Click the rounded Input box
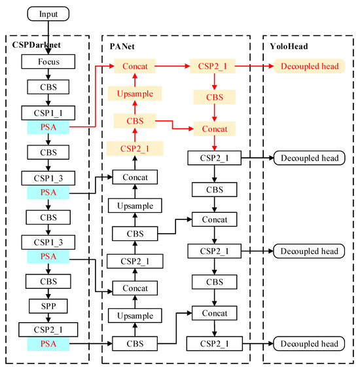tap(48, 14)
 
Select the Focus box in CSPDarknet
tap(48, 63)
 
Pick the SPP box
tap(48, 305)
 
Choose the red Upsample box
tap(134, 94)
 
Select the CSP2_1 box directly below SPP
tap(48, 329)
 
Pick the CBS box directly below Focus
tap(48, 87)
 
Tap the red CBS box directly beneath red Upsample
tap(134, 120)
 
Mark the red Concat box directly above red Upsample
tap(134, 66)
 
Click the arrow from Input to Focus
tap(48, 38)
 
